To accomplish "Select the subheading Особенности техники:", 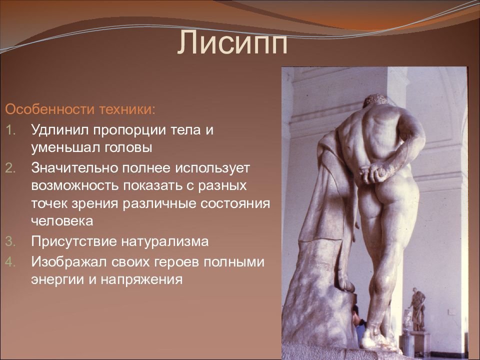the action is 80,109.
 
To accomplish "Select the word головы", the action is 128,148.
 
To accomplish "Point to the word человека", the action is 62,221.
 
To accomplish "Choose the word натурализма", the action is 165,241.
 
